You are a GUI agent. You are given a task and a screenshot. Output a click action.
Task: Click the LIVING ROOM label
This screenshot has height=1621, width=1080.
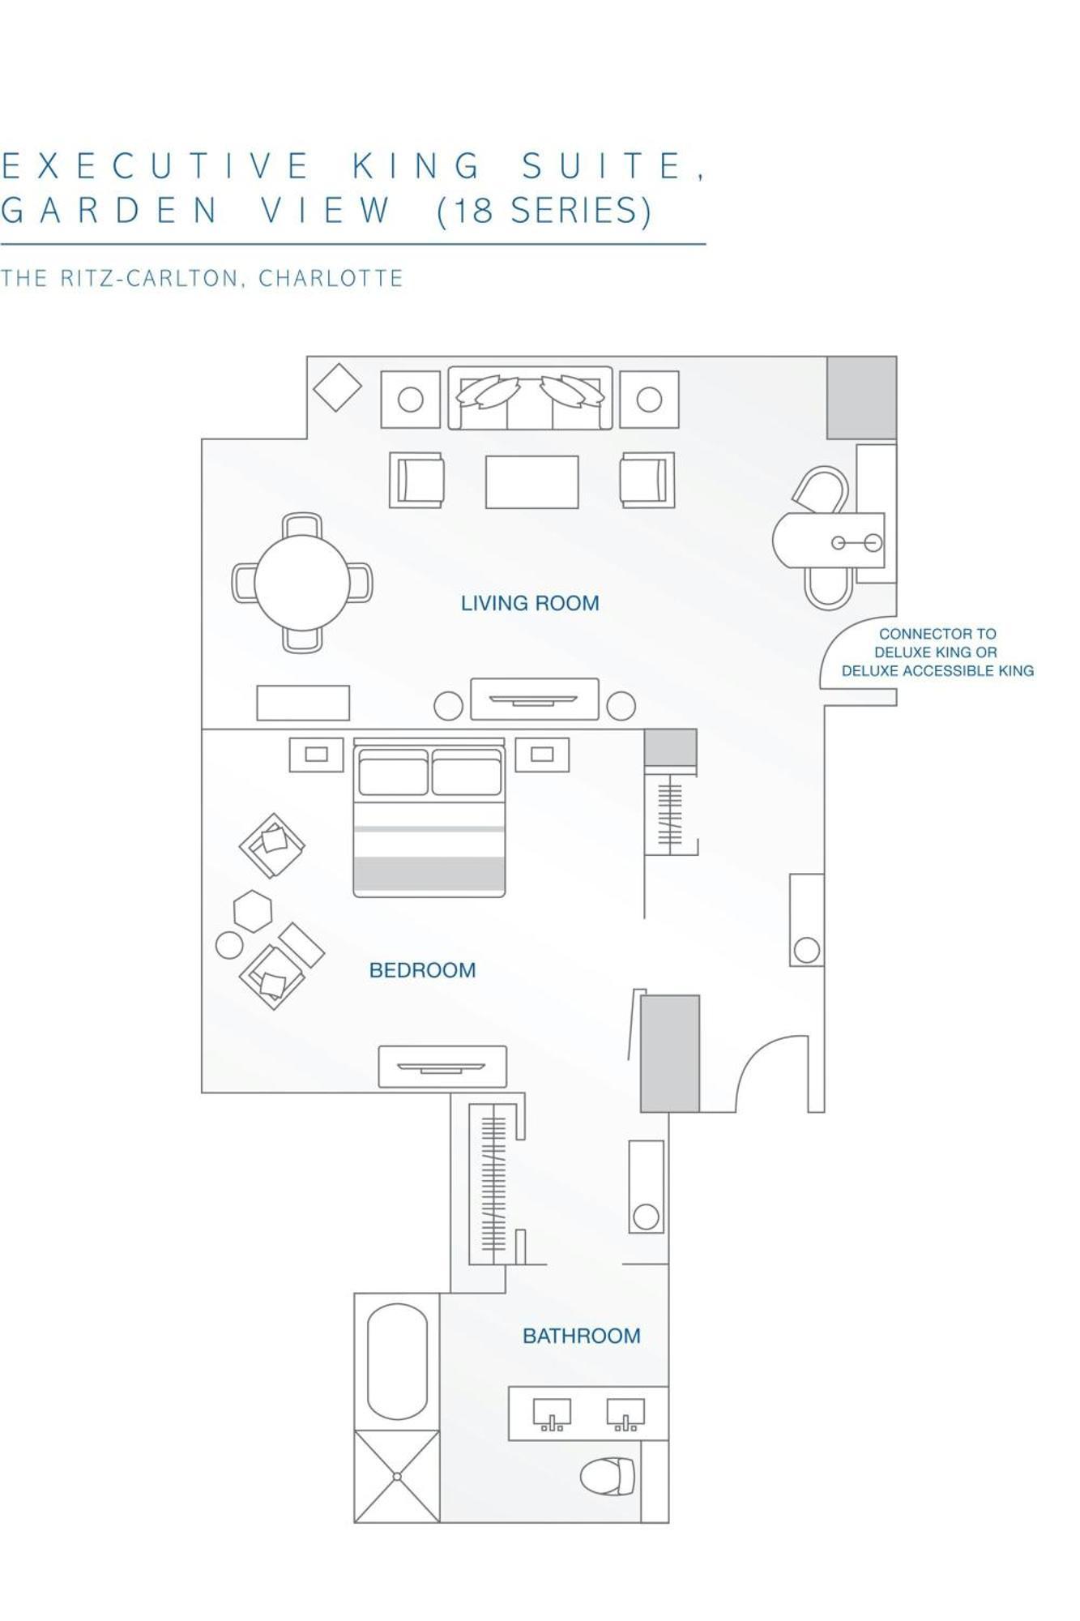[x=530, y=603]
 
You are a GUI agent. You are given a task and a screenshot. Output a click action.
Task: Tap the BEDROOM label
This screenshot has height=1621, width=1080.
[x=422, y=970]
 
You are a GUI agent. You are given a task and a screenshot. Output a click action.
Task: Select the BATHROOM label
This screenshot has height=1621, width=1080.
[x=581, y=1336]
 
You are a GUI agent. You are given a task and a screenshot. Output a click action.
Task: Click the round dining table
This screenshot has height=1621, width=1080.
[x=301, y=583]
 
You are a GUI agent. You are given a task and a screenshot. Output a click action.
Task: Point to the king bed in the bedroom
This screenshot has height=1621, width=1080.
[x=429, y=819]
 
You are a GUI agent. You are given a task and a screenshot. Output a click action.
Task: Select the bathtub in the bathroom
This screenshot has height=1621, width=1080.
[x=397, y=1362]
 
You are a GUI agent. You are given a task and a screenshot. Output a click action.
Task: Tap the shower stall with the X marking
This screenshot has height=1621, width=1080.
[x=397, y=1477]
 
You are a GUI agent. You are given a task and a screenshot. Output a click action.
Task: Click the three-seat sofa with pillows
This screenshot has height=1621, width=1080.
[x=530, y=398]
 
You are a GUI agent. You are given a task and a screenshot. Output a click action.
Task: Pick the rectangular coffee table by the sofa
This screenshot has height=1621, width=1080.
[x=531, y=481]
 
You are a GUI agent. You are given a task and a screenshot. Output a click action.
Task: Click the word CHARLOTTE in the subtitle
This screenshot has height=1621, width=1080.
[x=331, y=278]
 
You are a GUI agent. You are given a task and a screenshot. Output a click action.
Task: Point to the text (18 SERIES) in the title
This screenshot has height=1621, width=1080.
[x=544, y=210]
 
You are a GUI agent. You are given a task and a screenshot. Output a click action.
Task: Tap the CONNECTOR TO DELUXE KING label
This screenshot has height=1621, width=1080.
[x=937, y=652]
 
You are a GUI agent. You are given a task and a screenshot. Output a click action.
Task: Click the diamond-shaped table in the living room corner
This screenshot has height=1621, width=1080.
[x=337, y=387]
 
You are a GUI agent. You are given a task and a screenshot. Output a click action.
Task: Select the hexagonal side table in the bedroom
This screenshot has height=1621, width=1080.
[x=253, y=911]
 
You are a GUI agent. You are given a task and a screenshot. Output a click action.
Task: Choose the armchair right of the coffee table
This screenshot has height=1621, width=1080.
[x=647, y=480]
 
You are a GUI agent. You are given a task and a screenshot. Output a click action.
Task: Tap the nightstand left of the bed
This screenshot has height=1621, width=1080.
[x=316, y=755]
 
